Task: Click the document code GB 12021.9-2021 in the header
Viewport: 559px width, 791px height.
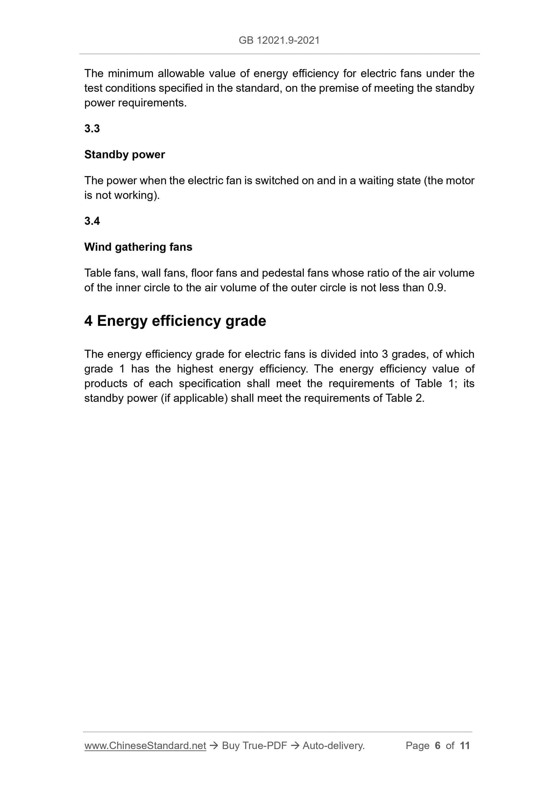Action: pos(279,41)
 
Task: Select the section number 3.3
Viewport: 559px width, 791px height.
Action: pos(92,128)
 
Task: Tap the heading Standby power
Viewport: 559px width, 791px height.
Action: pos(124,155)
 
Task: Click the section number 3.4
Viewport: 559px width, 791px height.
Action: pos(92,221)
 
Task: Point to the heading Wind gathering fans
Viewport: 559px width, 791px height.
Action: pos(138,247)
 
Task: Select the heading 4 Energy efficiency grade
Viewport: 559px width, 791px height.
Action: pos(175,321)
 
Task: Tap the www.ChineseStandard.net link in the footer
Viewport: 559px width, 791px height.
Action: pos(145,746)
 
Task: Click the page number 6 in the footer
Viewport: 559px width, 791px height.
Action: pos(437,746)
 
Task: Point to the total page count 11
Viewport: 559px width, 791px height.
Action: pos(464,746)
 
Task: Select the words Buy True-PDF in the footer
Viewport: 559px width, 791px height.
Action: pos(254,746)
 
